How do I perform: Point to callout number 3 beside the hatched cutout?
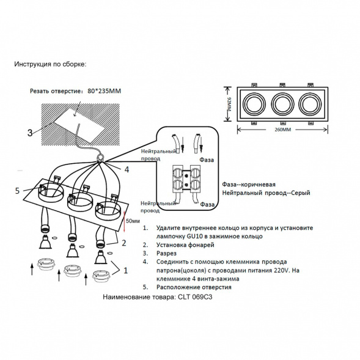coord(29,132)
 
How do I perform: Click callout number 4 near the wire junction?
coord(127,169)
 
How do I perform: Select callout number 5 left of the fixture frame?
coord(18,191)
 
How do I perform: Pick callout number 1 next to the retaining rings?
coord(125,268)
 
